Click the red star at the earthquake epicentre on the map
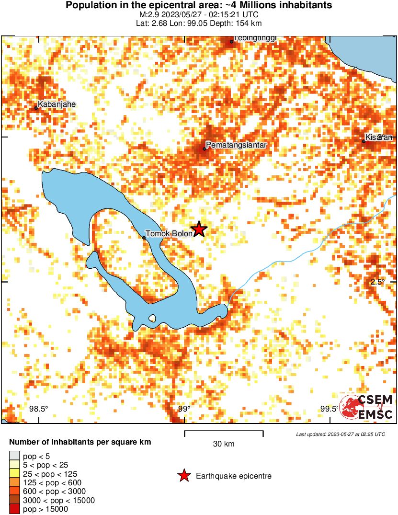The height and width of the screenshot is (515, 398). tap(199, 229)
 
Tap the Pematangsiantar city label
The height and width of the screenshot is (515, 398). tap(236, 145)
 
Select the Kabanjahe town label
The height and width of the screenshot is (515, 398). tap(57, 104)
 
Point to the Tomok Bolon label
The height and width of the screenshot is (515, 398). tap(169, 234)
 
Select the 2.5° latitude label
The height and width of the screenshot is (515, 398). tap(377, 282)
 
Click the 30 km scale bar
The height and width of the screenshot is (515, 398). tap(224, 434)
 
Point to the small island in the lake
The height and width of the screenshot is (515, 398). tap(152, 318)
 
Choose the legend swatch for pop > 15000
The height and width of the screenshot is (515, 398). tap(14, 509)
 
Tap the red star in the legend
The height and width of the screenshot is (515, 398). tap(183, 476)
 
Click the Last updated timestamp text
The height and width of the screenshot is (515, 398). tap(341, 434)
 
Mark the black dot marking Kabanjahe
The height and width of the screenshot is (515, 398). tap(36, 108)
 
